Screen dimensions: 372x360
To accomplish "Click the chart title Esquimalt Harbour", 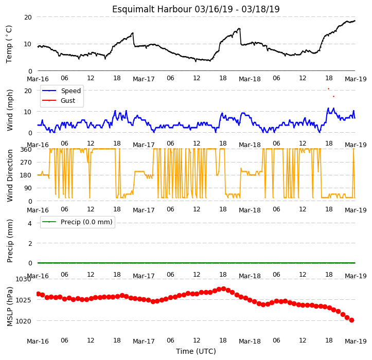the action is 152,9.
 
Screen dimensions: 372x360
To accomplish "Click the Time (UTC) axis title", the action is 196,351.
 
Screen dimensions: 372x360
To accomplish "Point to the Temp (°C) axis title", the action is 9,44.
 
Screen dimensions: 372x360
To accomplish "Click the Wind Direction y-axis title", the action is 10,176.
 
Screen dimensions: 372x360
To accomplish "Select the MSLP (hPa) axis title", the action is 10,307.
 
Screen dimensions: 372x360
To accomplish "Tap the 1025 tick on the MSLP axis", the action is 24,300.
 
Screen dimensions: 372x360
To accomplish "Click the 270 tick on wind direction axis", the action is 26,163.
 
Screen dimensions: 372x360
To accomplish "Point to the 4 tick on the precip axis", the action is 30,223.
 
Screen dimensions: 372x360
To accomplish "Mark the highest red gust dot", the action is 329,88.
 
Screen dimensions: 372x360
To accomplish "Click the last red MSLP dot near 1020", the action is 351,320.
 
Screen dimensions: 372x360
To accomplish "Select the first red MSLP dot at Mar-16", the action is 39,294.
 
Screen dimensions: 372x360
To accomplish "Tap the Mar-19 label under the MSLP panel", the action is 356,341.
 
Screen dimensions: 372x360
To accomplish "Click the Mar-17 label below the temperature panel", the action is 144,79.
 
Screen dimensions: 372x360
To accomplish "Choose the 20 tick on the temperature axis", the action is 28,17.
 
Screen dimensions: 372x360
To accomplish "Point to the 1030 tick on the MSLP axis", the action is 24,279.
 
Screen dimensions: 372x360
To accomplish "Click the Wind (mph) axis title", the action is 10,110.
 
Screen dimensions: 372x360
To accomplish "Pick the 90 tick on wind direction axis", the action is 27,188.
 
